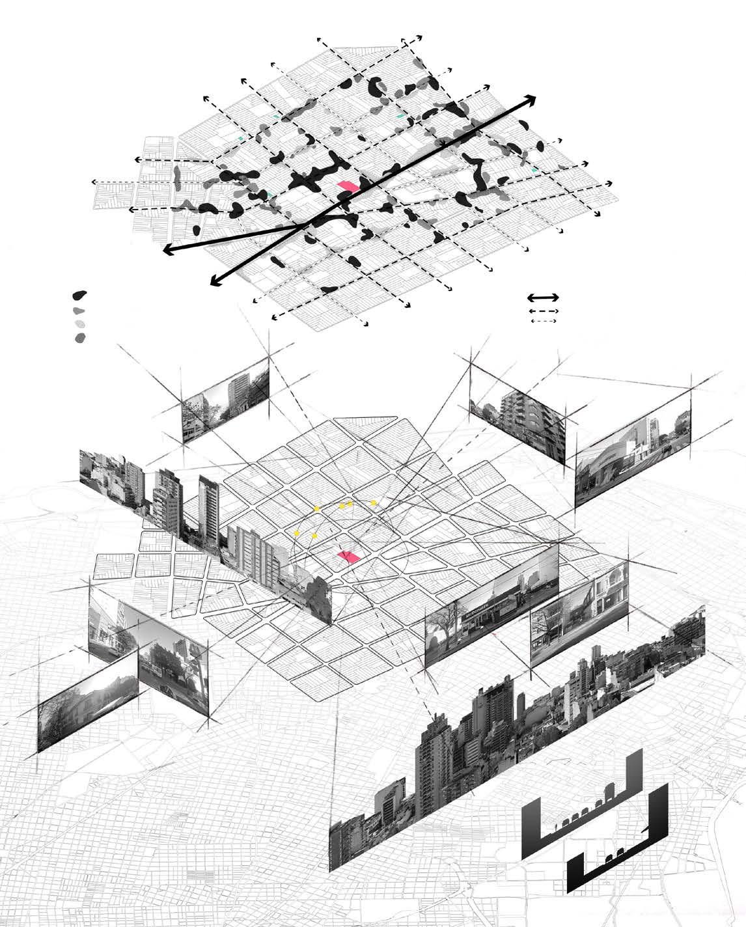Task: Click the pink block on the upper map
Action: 348,186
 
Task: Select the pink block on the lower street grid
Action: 349,556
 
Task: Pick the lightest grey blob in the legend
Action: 79,324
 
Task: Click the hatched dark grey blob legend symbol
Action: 79,338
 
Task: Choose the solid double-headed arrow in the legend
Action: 543,297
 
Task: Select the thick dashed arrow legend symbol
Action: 543,311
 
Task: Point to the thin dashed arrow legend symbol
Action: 543,321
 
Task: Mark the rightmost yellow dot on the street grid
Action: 373,503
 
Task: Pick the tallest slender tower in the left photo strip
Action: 210,505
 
